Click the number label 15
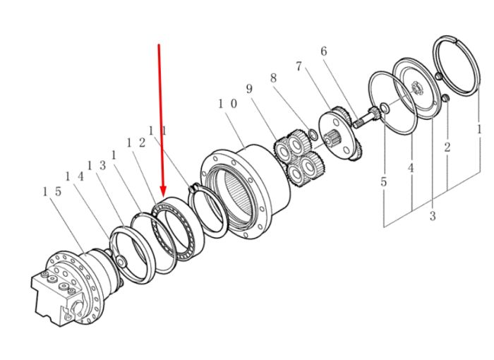pos(52,191)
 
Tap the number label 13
pos(97,165)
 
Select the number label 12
pos(135,143)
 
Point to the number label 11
pos(157,130)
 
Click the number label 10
pos(227,103)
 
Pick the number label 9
pos(249,88)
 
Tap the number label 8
pos(274,78)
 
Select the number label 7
pos(299,66)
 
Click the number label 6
pos(324,51)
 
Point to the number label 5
pos(383,181)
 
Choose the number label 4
pos(411,168)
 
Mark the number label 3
pos(433,216)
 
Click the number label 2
pos(447,147)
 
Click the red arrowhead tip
pos(163,196)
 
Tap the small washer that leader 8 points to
pos(313,134)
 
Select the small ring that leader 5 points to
pos(385,108)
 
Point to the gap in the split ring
pos(455,40)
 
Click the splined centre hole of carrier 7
pos(332,138)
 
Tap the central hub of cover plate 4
pos(417,88)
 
